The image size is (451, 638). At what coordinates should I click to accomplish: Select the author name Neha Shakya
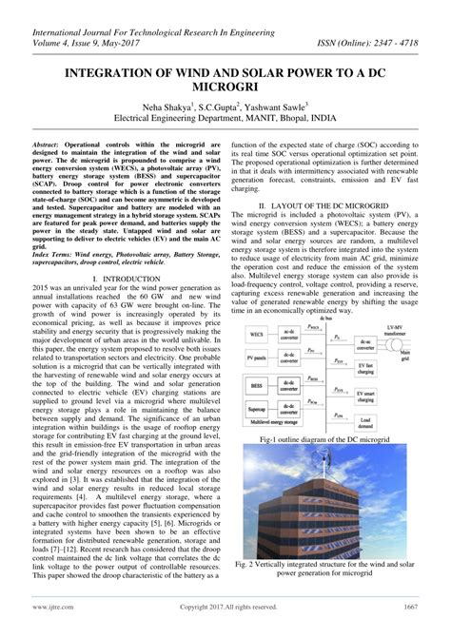pyautogui.click(x=168, y=108)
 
